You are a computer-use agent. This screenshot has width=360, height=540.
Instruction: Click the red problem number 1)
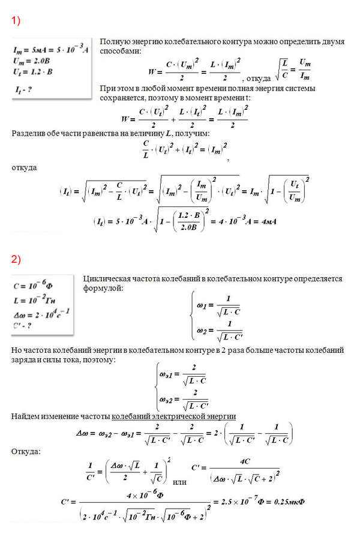[16, 22]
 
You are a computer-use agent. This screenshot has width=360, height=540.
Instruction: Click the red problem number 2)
[16, 259]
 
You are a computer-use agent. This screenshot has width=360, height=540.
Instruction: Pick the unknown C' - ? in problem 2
[27, 322]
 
